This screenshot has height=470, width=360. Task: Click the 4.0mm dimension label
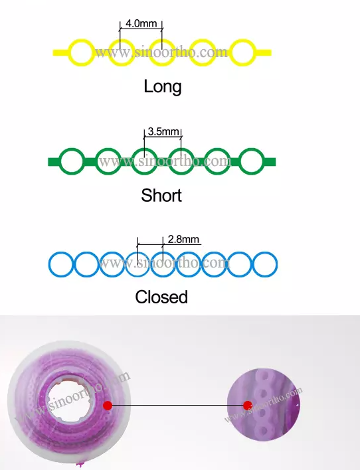(x=141, y=23)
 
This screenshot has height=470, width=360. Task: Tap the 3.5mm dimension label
(x=163, y=131)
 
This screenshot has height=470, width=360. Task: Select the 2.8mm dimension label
(x=183, y=239)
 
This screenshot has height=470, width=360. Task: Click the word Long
(x=163, y=87)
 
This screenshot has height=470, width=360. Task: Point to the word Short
(x=161, y=195)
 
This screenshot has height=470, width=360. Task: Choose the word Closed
(x=161, y=297)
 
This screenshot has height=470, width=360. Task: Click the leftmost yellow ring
(x=70, y=52)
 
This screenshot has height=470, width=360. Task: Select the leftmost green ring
(x=61, y=161)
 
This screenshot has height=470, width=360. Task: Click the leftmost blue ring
(x=50, y=264)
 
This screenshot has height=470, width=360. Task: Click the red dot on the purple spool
(x=108, y=406)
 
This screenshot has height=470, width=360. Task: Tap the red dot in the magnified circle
(x=248, y=406)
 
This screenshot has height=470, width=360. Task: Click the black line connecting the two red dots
(x=177, y=406)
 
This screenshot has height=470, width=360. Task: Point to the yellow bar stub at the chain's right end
(x=264, y=52)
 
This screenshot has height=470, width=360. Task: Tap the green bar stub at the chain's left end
(x=54, y=161)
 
